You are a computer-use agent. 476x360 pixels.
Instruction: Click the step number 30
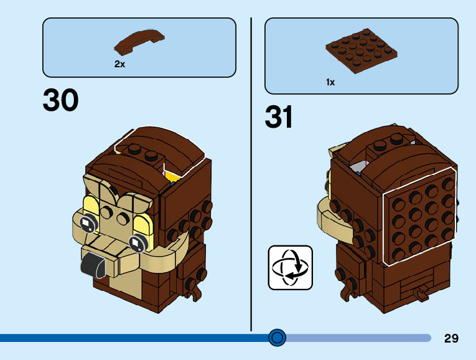(x=61, y=100)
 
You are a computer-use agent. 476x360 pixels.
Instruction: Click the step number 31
(x=279, y=116)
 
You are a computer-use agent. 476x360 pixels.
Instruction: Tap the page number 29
(x=451, y=339)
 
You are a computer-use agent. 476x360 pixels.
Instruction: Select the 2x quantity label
(x=119, y=64)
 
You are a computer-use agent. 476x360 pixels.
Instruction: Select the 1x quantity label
(x=330, y=82)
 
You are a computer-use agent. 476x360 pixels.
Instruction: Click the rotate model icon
(x=290, y=267)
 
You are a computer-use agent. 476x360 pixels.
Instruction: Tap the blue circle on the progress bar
(x=278, y=338)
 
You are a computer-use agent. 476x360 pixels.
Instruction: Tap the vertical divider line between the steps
(x=251, y=174)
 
